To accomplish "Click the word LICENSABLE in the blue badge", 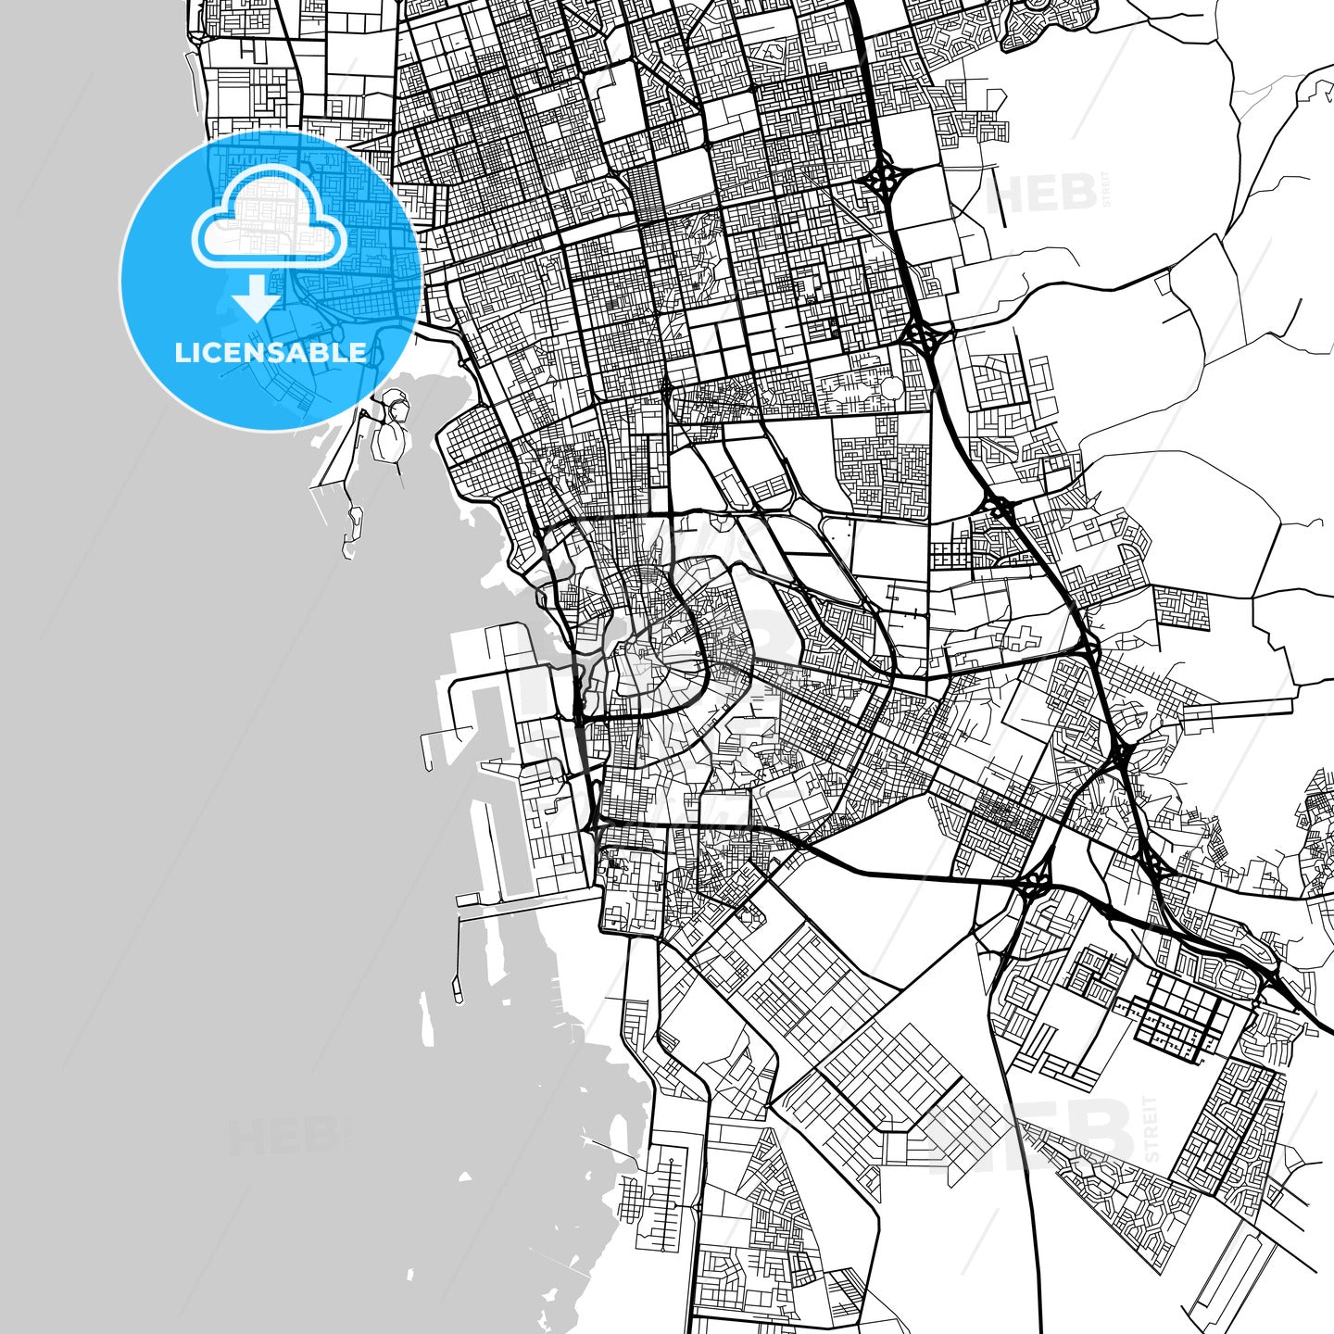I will [271, 353].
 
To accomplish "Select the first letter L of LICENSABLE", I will [180, 353].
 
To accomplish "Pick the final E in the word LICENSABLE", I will [358, 353].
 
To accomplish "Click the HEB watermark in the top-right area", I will [1041, 193].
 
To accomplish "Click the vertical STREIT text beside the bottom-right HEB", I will [1151, 1128].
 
